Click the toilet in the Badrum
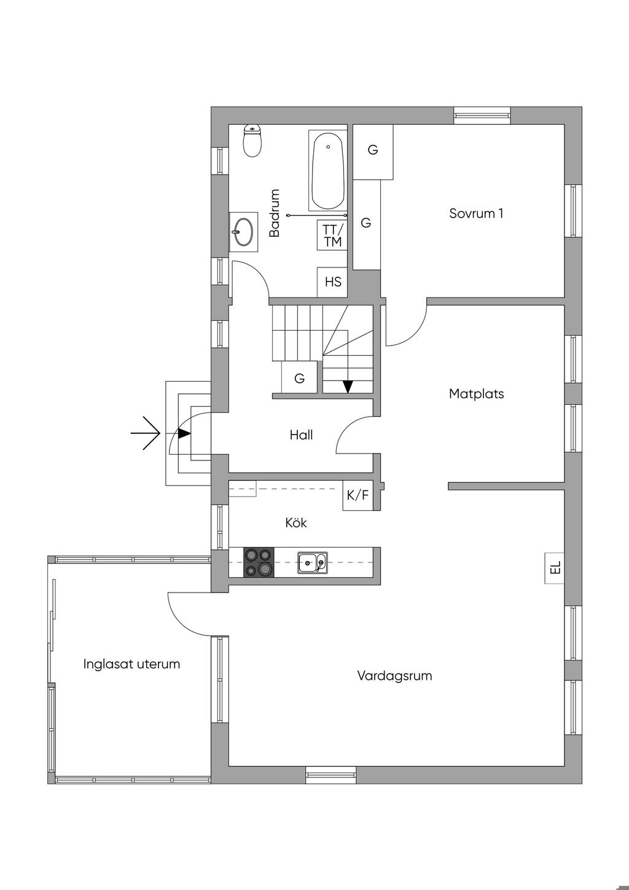click(252, 140)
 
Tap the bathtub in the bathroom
click(328, 170)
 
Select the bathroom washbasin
click(243, 232)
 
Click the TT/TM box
click(332, 235)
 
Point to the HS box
click(332, 282)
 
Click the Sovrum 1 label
click(476, 213)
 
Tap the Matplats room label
click(477, 394)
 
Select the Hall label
click(301, 435)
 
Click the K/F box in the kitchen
click(357, 495)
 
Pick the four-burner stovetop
click(259, 562)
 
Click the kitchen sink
click(313, 562)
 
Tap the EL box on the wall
click(555, 568)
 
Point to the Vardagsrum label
click(395, 675)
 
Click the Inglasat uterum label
click(131, 664)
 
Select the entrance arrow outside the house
click(146, 433)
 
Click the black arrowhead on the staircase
click(348, 387)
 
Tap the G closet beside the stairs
click(299, 377)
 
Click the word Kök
click(296, 523)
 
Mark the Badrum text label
click(274, 213)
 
